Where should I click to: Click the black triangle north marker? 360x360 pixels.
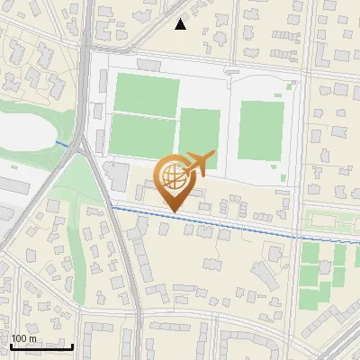coord(181,24)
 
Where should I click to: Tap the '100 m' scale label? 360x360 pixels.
coord(24,337)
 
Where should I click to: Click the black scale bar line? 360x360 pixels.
coord(41,346)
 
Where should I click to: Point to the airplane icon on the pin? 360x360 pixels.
coord(199,162)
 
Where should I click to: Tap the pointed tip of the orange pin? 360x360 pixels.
coord(172,211)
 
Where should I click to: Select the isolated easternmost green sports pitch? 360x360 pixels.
coord(261,130)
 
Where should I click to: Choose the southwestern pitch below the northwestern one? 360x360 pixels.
coord(142,136)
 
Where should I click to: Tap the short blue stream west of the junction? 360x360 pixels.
coord(62,143)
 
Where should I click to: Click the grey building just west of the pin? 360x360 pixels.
coord(117,175)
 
